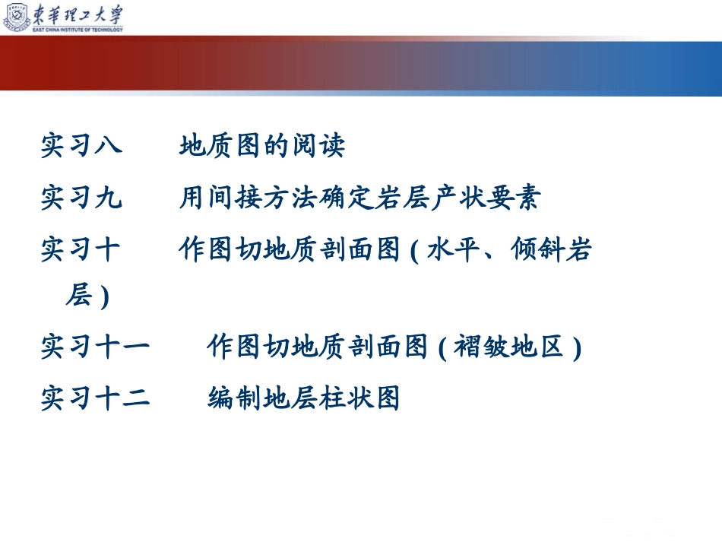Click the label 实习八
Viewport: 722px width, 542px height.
(x=81, y=145)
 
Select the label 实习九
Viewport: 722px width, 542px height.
(x=81, y=197)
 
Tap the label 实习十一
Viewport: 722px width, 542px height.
(x=95, y=347)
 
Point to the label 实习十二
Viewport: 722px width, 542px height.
(x=95, y=398)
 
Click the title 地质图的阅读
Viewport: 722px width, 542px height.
(x=262, y=145)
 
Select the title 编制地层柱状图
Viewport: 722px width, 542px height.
(x=303, y=398)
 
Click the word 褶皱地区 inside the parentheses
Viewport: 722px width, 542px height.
(x=508, y=347)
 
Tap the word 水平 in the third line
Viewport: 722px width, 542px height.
(x=454, y=249)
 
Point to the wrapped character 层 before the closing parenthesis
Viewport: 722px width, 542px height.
(x=79, y=295)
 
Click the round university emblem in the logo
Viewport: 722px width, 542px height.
(x=17, y=17)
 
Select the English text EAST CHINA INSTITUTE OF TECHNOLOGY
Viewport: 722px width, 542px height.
(x=78, y=30)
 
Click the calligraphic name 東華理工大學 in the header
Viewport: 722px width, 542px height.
(x=78, y=14)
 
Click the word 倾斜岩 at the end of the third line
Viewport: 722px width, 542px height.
(x=551, y=249)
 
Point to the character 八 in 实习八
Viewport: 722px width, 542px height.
(x=109, y=145)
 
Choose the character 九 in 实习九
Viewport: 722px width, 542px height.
(x=109, y=197)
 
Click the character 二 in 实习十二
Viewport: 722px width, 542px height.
(x=137, y=398)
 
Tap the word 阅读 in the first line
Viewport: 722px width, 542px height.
(x=318, y=145)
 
